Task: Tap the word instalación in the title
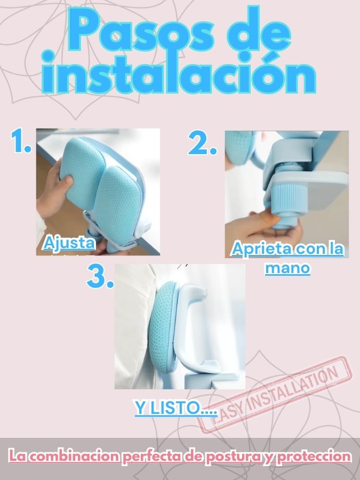click(x=179, y=74)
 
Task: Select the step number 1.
click(x=21, y=140)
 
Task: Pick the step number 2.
click(x=202, y=142)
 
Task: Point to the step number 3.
click(x=100, y=276)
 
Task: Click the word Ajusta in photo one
click(x=69, y=243)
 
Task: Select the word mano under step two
click(x=287, y=268)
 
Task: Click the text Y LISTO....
click(x=175, y=407)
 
